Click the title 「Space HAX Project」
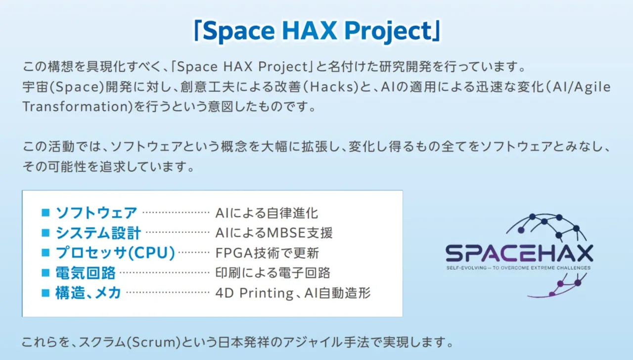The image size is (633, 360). (316, 31)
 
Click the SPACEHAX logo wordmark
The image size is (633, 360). (519, 254)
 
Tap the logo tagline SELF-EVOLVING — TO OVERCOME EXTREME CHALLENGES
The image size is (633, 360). (518, 268)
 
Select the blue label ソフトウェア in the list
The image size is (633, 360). (96, 213)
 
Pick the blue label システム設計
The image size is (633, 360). (98, 233)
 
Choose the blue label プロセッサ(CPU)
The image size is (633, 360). (115, 253)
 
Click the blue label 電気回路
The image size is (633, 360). (86, 273)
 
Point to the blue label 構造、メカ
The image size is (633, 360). (89, 293)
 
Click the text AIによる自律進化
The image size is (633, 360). (267, 213)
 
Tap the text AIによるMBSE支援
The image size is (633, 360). (274, 233)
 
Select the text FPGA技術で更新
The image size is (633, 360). (268, 253)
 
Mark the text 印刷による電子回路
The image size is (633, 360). (273, 273)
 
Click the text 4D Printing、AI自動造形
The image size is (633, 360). (293, 293)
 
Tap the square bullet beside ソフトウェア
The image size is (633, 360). (46, 213)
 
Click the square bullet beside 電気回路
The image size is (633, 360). (46, 272)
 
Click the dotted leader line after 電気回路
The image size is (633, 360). (165, 272)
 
